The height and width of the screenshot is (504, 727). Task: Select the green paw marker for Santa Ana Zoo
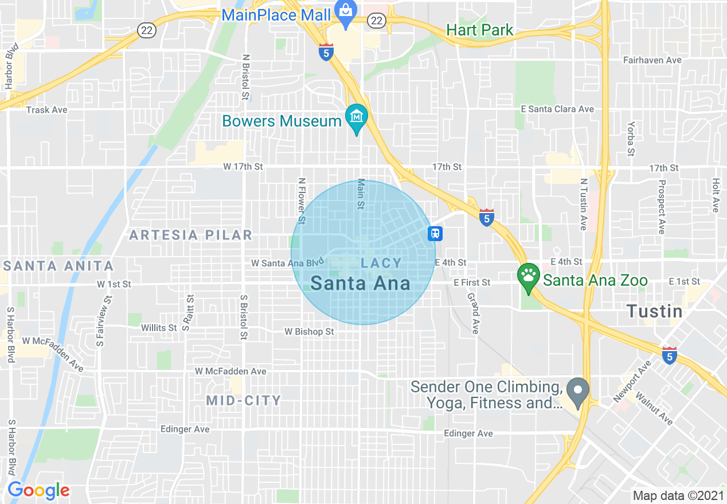[527, 277]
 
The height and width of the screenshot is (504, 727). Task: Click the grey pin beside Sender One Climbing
[578, 392]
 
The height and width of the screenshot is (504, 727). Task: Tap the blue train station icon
[435, 233]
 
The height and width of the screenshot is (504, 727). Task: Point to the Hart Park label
[479, 30]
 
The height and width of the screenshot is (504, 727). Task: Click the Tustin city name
[654, 312]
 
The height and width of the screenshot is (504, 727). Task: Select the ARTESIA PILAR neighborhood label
[190, 235]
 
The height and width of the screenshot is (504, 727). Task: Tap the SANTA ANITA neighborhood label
[58, 266]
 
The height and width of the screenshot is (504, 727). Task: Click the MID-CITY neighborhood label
[244, 400]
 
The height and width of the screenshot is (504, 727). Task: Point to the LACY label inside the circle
[381, 263]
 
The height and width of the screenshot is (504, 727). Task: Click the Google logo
[38, 490]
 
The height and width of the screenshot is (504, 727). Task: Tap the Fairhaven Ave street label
[652, 60]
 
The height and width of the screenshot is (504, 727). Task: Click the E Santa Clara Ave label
[557, 109]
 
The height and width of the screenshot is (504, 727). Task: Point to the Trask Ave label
[46, 110]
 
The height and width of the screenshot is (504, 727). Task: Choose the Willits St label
[159, 328]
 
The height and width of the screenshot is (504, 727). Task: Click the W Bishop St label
[309, 332]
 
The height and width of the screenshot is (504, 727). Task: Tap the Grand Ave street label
[472, 313]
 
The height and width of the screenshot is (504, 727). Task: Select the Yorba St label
[631, 139]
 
